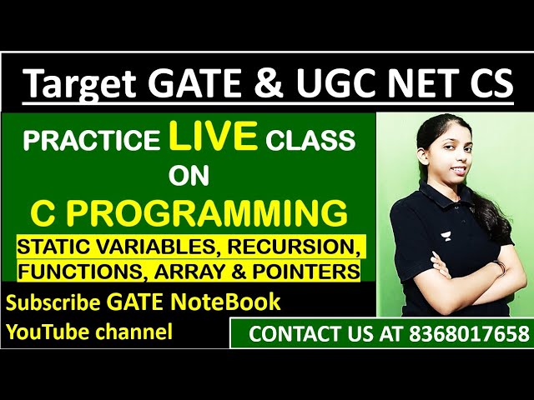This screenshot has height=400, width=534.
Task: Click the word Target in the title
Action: (x=80, y=85)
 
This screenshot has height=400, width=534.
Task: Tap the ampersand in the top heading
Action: (x=277, y=85)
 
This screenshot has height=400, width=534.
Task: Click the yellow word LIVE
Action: (x=214, y=137)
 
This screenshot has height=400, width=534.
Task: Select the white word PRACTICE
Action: (x=91, y=140)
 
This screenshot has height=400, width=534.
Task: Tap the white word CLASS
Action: (x=310, y=140)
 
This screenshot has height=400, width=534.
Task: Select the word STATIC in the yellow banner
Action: (x=51, y=247)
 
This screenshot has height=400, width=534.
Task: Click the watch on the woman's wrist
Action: (x=498, y=268)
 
